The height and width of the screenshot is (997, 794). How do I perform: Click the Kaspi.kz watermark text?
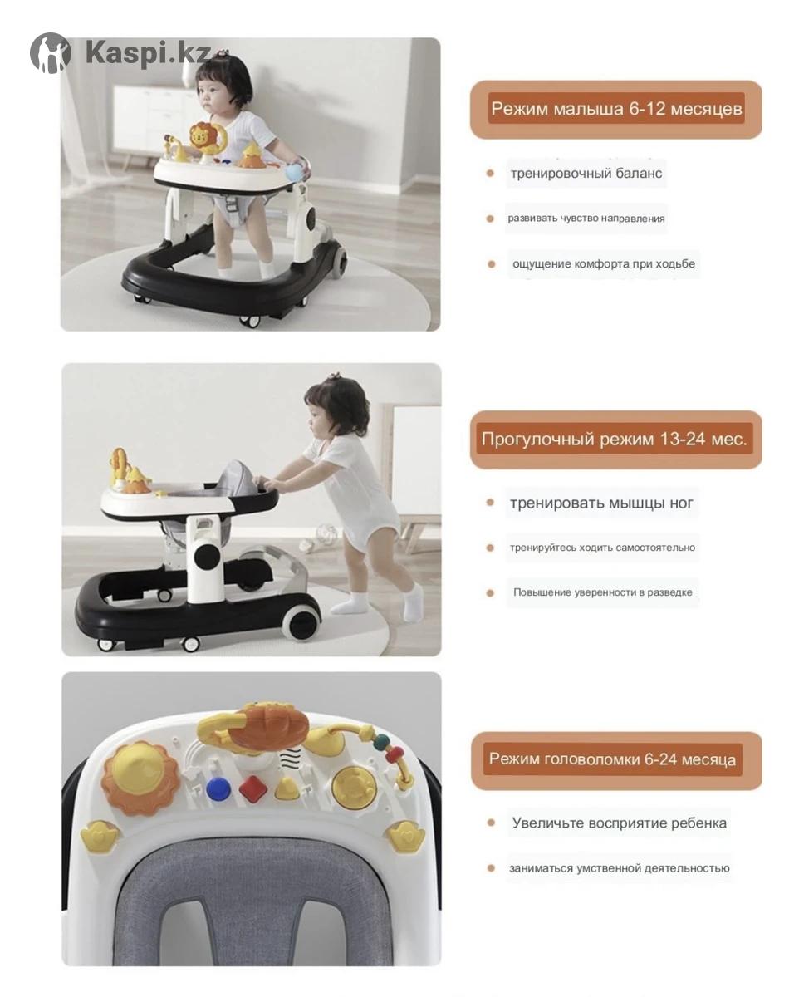click(148, 52)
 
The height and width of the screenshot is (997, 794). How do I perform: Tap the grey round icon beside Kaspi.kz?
click(51, 53)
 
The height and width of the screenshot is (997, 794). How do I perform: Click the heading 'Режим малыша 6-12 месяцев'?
click(616, 109)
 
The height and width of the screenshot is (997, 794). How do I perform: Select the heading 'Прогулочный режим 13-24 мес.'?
click(614, 439)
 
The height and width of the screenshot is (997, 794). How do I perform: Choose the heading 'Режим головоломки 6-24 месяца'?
click(612, 759)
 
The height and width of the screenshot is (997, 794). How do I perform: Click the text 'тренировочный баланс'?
click(586, 174)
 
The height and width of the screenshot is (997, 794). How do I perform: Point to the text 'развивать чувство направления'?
click(586, 219)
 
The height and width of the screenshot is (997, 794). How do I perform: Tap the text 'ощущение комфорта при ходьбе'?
click(604, 264)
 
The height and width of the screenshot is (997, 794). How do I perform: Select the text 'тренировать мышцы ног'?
click(601, 503)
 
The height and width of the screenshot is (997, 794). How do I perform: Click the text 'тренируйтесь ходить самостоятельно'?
click(602, 548)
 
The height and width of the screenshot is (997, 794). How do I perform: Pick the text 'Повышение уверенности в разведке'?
click(603, 592)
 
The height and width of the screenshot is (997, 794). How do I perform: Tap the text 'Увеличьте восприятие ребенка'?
click(619, 823)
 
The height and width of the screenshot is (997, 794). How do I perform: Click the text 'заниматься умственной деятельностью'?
click(620, 868)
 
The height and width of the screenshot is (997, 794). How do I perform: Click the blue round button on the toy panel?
click(218, 789)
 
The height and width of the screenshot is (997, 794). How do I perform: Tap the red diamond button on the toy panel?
click(252, 786)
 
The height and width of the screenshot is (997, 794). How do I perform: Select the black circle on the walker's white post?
click(207, 555)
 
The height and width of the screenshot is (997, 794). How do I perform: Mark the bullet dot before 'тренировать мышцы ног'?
click(490, 503)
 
